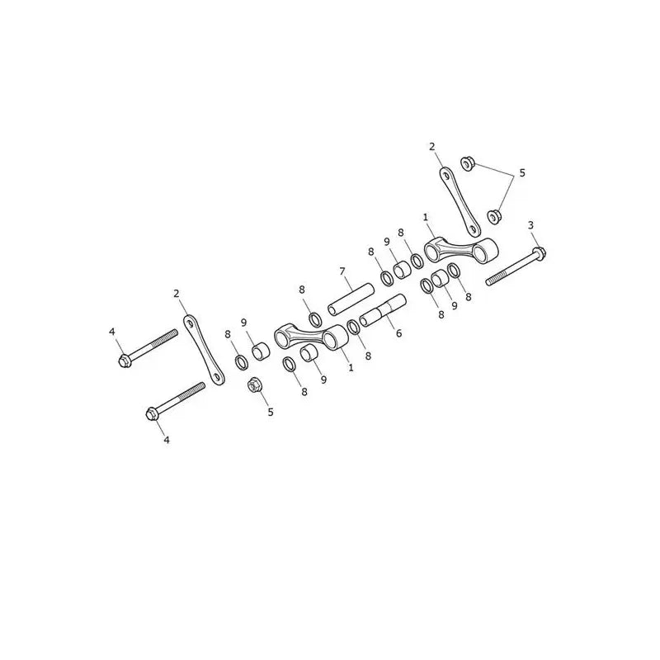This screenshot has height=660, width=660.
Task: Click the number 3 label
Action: pos(530,225)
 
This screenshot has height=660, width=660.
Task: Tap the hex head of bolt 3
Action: pos(540,253)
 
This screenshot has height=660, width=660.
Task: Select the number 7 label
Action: pos(342,271)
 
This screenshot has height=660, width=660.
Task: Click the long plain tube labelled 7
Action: pos(351,299)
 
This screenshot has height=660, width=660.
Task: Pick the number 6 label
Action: pos(398,333)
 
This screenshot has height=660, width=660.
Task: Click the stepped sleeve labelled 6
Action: pos(383,312)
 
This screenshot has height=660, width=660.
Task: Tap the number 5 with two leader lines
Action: pos(522,173)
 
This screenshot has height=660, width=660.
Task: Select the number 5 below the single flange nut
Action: pos(271,412)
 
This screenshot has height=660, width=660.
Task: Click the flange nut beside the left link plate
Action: pos(253,384)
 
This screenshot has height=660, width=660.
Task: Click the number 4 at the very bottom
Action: pos(167,440)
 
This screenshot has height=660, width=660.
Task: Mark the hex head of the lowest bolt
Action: pos(152,414)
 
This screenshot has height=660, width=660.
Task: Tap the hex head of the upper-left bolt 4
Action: pos(125,361)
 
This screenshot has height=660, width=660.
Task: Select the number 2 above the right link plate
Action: pos(431,147)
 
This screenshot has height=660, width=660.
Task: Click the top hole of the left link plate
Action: pos(190,323)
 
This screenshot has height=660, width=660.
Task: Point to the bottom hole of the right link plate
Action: pos(474,230)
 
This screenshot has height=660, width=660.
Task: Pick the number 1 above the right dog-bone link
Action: pos(426,217)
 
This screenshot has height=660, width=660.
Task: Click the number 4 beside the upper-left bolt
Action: pos(111,332)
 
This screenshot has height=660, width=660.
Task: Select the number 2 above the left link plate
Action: pos(177,294)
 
